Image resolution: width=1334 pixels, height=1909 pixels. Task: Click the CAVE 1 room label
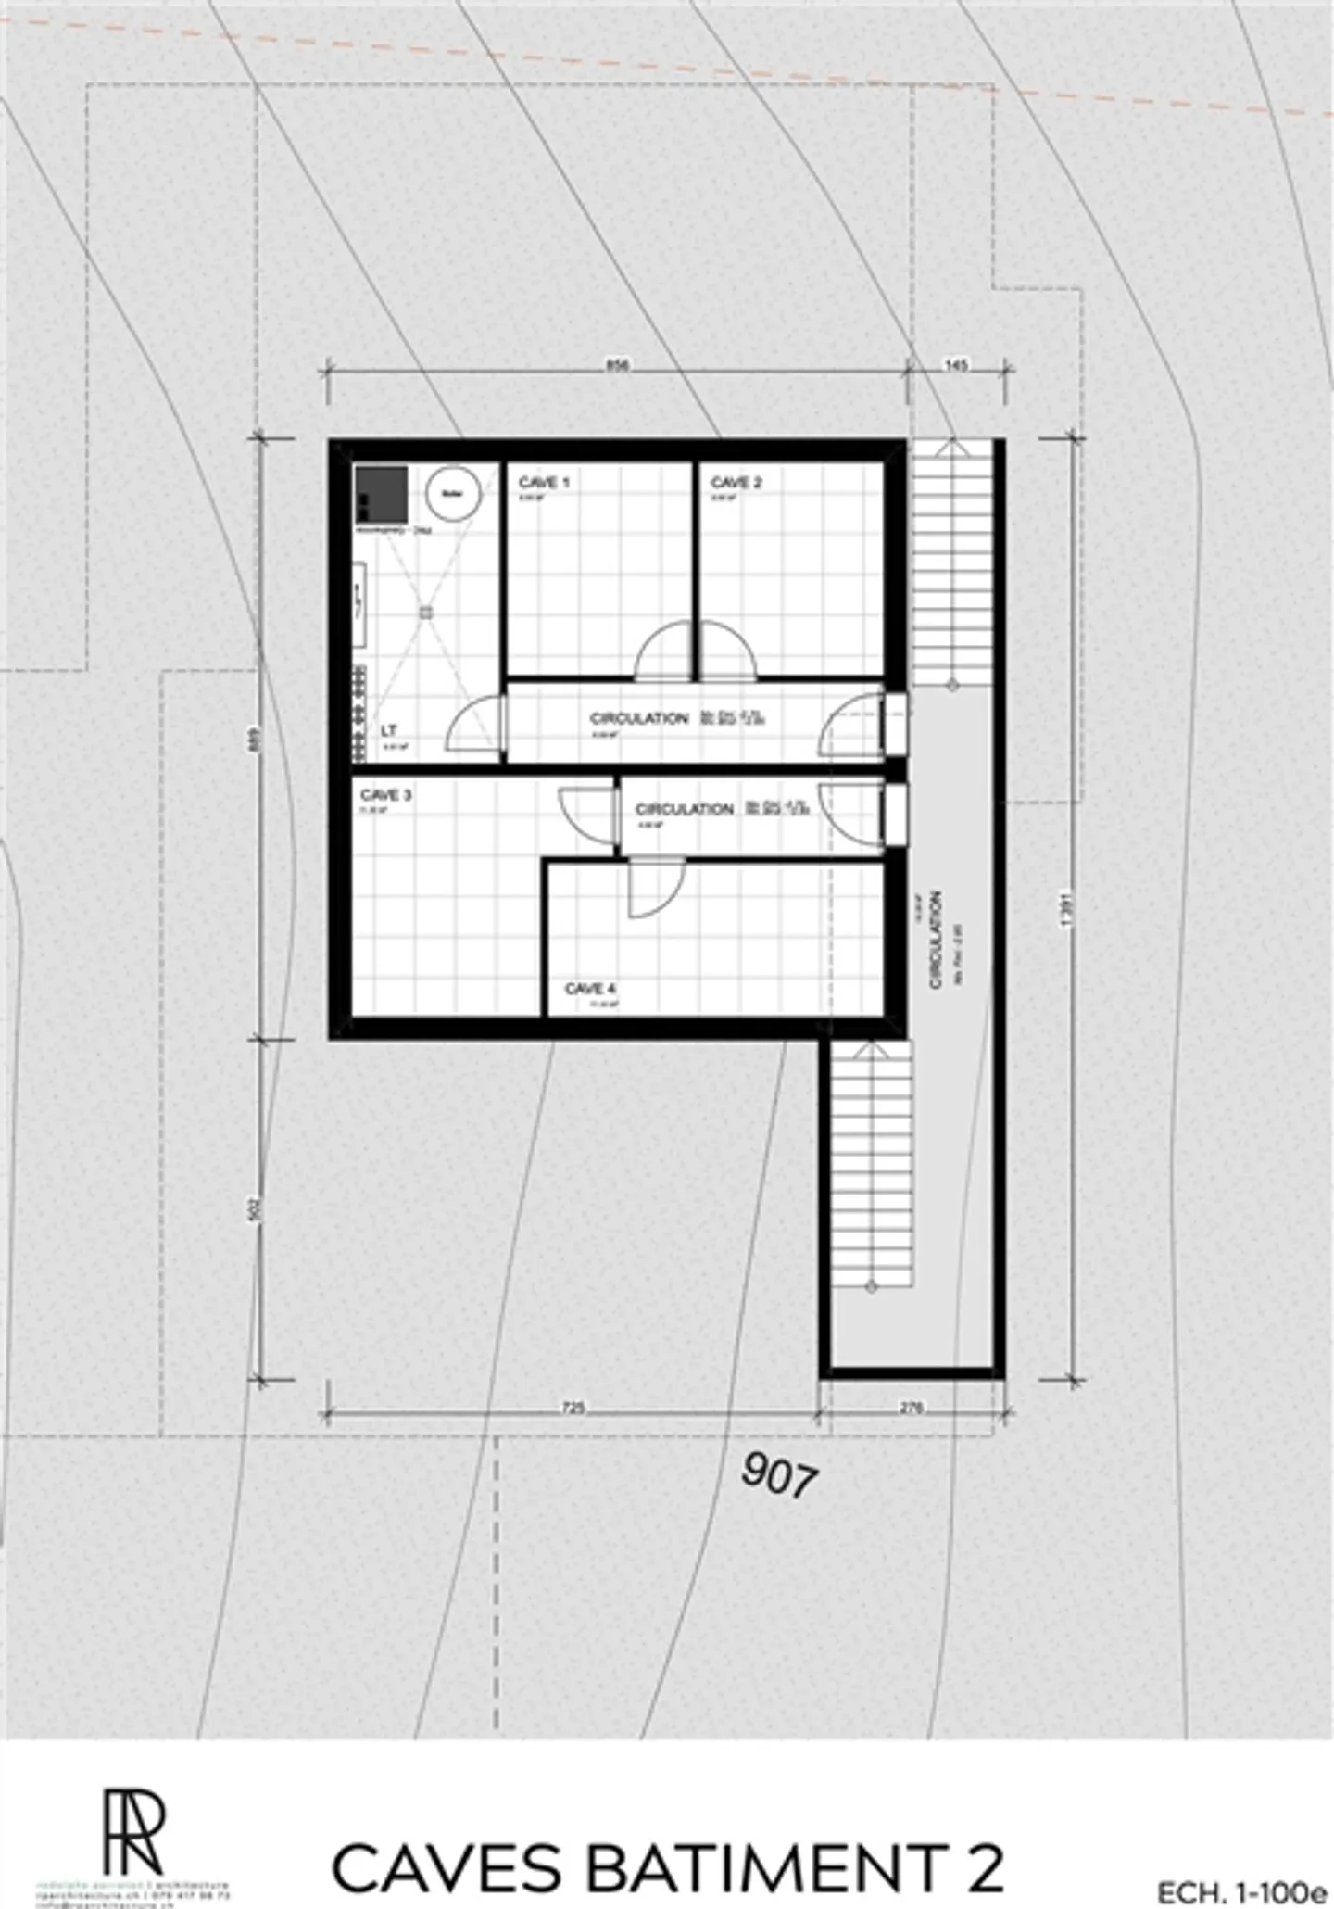(544, 483)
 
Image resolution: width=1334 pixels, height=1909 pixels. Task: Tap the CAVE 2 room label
(736, 483)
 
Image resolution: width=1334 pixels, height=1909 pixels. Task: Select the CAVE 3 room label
(385, 795)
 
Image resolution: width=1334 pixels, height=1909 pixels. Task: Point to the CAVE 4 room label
(590, 989)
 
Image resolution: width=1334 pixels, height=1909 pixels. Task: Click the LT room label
(389, 731)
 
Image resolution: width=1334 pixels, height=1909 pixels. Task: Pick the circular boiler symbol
(452, 493)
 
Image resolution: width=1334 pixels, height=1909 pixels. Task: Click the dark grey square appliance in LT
(381, 494)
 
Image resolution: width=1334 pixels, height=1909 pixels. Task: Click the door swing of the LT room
(474, 724)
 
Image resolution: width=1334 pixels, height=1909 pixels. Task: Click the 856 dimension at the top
(617, 365)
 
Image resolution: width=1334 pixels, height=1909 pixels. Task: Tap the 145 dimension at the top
(956, 365)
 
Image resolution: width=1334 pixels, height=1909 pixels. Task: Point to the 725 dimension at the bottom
(573, 1408)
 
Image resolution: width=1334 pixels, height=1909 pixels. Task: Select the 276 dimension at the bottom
(912, 1408)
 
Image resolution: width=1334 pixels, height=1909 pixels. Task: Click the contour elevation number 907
(780, 1474)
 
